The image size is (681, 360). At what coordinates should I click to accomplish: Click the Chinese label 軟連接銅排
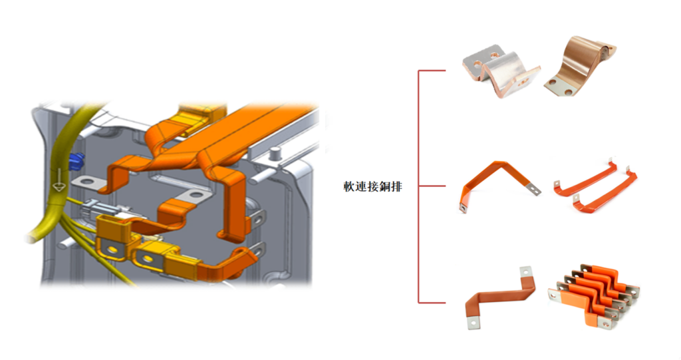click(x=372, y=186)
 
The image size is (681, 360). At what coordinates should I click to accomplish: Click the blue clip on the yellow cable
click(x=76, y=162)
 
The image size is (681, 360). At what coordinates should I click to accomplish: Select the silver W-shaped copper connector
click(x=501, y=71)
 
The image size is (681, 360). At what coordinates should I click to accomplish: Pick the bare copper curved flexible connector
click(x=580, y=67)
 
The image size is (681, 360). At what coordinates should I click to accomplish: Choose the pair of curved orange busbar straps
click(x=595, y=186)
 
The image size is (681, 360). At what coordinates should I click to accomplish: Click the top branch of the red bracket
click(x=432, y=71)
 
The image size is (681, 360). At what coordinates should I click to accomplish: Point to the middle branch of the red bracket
click(x=432, y=186)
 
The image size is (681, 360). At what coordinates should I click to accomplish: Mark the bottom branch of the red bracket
click(x=432, y=301)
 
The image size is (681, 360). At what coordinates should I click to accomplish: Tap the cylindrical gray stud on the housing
click(x=274, y=154)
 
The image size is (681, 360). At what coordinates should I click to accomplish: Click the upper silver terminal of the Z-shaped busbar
click(x=526, y=271)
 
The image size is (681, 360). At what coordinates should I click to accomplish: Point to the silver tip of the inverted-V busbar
click(x=535, y=190)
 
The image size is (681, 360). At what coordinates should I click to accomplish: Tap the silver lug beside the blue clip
click(x=89, y=183)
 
